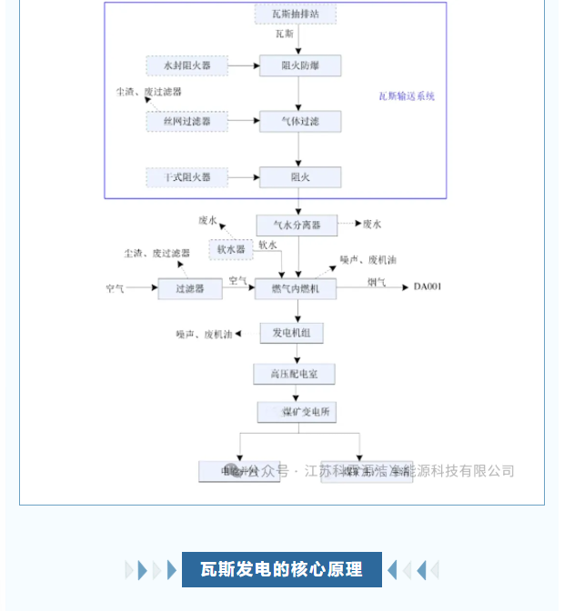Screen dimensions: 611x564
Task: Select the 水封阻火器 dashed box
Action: [186, 65]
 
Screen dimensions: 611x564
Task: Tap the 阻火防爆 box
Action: [299, 65]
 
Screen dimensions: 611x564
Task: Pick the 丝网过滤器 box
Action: [186, 121]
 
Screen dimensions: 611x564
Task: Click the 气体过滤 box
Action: [299, 121]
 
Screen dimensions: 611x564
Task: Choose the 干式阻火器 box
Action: [186, 177]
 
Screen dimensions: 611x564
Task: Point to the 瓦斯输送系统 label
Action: [407, 95]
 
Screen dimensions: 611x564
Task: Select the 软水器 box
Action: [231, 249]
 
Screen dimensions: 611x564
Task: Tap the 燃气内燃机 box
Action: [297, 288]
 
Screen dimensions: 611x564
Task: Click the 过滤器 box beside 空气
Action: [189, 288]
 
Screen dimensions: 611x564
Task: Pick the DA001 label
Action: [428, 287]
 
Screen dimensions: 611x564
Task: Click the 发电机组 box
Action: [292, 333]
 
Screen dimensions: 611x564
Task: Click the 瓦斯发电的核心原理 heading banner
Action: [282, 570]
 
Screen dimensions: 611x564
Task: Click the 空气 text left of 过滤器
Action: [115, 288]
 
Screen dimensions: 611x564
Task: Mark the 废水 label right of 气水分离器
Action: [372, 224]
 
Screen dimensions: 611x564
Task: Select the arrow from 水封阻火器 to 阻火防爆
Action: [243, 65]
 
